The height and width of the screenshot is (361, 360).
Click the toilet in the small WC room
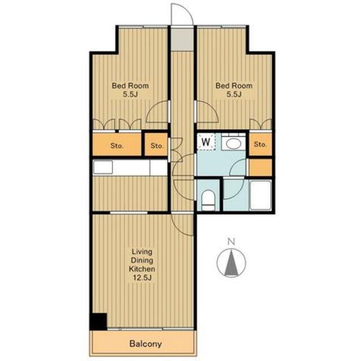(x=208, y=199)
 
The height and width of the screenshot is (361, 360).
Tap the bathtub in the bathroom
(x=260, y=195)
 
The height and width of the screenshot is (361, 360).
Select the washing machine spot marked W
(x=206, y=142)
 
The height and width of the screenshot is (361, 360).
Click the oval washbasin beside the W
(x=233, y=144)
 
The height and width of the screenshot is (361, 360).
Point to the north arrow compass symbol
(x=231, y=263)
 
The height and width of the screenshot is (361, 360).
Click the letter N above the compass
(x=231, y=242)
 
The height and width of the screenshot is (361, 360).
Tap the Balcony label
(x=145, y=344)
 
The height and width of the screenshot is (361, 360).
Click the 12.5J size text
(x=142, y=278)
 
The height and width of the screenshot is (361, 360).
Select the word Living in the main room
(x=142, y=252)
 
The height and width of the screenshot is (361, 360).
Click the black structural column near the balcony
(x=99, y=321)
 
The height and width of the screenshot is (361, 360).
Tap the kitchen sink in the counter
(x=103, y=167)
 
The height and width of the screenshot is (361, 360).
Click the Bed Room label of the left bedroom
(x=130, y=86)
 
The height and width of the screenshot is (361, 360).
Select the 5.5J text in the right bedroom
(x=234, y=94)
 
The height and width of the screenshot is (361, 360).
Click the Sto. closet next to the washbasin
(x=260, y=144)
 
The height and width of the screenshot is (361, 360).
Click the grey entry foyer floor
(x=183, y=39)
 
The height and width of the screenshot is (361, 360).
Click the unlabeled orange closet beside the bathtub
(x=260, y=168)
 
